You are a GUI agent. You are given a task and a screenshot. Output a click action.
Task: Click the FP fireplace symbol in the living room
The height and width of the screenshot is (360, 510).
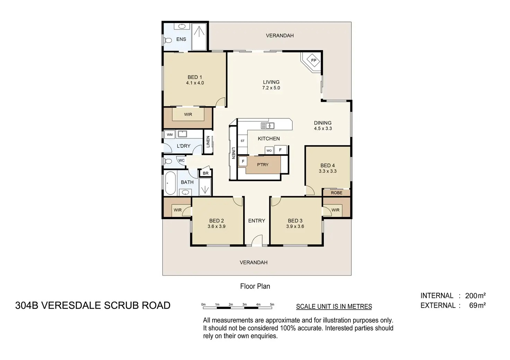(x=314, y=60)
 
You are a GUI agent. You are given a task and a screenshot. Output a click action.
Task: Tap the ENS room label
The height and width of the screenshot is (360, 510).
(x=181, y=39)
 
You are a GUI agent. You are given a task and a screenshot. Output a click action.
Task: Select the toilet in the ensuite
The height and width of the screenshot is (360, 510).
(x=168, y=40)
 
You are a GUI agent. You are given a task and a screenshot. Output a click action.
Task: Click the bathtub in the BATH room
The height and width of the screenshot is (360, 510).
(x=170, y=183)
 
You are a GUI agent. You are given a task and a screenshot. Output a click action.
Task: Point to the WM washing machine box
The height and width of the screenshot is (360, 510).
(x=170, y=134)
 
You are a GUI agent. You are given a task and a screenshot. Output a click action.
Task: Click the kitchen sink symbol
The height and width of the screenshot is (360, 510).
(x=267, y=126)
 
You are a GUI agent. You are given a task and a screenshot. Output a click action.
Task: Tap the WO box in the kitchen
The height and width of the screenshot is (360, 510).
(x=269, y=150)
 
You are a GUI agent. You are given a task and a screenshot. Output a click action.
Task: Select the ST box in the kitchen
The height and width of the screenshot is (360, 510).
(x=243, y=141)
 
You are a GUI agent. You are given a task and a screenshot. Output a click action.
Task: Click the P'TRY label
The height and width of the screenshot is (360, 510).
(x=263, y=165)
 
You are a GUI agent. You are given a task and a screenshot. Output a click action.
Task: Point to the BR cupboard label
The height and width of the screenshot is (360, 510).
(x=205, y=173)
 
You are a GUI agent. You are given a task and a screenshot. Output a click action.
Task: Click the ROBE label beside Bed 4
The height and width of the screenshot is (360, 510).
(x=336, y=193)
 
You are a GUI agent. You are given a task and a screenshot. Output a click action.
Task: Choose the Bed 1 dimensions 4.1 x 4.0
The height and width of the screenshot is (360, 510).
(x=195, y=83)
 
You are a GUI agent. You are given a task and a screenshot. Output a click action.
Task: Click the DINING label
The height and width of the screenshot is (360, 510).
(x=323, y=123)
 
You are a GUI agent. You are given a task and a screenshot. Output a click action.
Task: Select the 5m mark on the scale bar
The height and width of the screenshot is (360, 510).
(x=272, y=304)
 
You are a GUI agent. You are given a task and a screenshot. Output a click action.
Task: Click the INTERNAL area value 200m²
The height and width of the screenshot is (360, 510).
(x=475, y=295)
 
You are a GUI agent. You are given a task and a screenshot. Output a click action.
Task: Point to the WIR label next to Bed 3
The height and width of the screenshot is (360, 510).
(x=335, y=210)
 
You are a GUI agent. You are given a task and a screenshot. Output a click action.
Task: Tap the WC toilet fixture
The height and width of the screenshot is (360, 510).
(x=168, y=161)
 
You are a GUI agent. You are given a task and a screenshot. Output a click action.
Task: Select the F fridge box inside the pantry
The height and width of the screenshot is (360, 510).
(x=243, y=161)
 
